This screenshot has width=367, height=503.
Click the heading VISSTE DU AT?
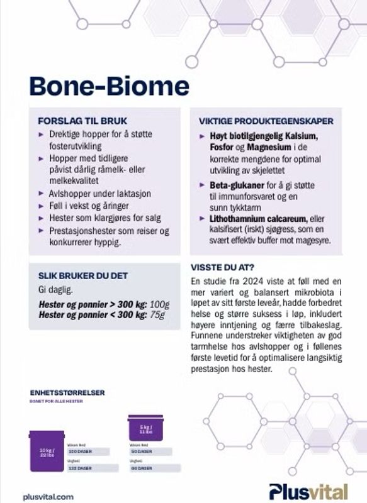pos(227,267)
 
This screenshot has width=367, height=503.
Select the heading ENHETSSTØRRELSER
pos(67,393)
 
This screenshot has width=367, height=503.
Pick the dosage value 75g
pos(158,314)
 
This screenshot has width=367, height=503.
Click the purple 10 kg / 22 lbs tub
pos(47,451)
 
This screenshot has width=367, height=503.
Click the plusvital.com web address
pos(48,496)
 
